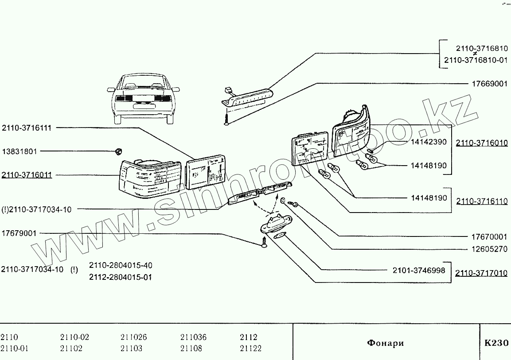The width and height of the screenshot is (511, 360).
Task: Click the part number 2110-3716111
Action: click(27, 128)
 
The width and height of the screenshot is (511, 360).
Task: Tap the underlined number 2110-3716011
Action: click(27, 175)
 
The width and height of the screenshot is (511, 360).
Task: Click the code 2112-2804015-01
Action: click(121, 278)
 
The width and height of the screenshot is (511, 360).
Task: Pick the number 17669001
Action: click(489, 84)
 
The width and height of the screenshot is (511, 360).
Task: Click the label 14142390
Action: click(429, 142)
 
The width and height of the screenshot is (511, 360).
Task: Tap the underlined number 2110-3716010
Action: click(482, 143)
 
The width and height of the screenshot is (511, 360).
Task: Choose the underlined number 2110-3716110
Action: click(482, 201)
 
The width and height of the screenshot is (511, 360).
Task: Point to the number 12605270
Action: click(489, 249)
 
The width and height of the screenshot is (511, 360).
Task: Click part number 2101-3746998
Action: click(419, 270)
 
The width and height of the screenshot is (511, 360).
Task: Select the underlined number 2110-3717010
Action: click(482, 273)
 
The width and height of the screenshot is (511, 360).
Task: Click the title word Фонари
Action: click(386, 343)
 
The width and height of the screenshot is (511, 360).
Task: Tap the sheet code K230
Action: click(496, 343)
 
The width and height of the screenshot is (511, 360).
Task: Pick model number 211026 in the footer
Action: click(133, 337)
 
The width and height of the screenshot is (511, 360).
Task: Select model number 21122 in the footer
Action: click(250, 348)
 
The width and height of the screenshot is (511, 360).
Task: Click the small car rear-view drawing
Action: click(143, 98)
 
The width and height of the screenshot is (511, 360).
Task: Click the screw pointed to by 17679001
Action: click(264, 243)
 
